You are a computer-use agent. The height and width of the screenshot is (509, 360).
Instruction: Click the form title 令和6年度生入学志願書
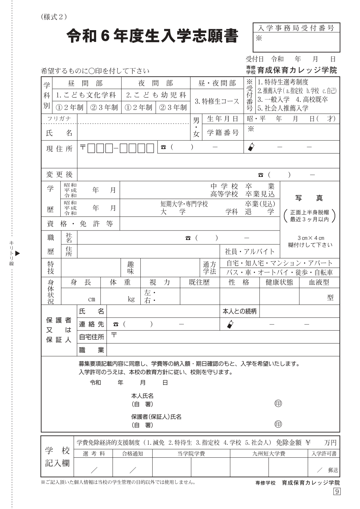pos(152,36)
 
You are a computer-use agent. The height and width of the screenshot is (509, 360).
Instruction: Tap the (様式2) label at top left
pos(53,17)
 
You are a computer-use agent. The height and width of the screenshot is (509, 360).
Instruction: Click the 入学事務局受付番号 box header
pos(296,28)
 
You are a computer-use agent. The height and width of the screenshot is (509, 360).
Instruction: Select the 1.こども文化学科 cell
pos(86,95)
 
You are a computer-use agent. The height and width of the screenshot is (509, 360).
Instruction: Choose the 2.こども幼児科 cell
pos(156,95)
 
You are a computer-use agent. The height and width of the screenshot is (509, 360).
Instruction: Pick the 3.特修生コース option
pos(217,101)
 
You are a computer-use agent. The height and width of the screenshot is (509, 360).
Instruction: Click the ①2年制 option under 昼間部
pos(69,108)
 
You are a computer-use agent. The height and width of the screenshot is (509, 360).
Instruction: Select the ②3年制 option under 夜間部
pos(173,108)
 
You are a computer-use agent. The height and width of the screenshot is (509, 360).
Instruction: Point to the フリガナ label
pos(59,119)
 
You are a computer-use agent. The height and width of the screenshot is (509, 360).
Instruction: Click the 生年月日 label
pos(222,119)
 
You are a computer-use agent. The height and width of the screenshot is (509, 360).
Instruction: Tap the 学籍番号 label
pos(222,133)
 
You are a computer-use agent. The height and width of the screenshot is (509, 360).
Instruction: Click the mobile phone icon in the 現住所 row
pos(251,147)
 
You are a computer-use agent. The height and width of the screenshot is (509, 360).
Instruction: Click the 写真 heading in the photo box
pos(309,198)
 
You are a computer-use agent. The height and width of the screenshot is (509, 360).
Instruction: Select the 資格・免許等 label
pos(80,224)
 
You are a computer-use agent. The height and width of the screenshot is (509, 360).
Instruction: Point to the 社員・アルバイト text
pos(250,252)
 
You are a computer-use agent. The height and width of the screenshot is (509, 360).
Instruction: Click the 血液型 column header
pos(319,282)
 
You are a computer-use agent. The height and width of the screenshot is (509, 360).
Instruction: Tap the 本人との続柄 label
pos(239,311)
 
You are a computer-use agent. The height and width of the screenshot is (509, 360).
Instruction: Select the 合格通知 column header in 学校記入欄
pos(132,454)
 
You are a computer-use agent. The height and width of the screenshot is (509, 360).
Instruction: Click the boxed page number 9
pos(337,492)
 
